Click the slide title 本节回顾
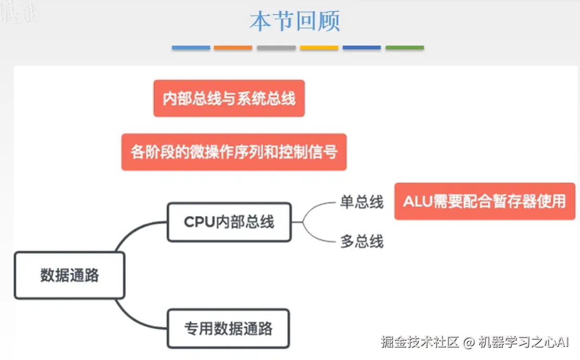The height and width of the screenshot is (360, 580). [294, 21]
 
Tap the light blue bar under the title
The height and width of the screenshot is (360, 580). [191, 48]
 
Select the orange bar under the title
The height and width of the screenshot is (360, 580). [233, 48]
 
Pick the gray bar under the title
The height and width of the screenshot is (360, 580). [276, 48]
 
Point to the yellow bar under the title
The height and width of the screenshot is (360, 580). [319, 48]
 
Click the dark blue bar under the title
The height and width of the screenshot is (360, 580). [362, 48]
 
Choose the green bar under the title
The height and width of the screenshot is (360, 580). [404, 48]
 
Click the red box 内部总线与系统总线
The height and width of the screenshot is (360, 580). [229, 99]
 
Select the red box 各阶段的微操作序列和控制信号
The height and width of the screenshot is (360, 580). [234, 152]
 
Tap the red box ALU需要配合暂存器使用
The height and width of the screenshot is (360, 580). [485, 201]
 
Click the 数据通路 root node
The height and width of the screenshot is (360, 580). [70, 275]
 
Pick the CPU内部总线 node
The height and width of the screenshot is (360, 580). [229, 222]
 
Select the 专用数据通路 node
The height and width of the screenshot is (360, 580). [228, 329]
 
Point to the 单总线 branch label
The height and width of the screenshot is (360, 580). [362, 202]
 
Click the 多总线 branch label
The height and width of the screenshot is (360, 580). [362, 242]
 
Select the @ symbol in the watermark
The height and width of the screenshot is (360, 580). [469, 343]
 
